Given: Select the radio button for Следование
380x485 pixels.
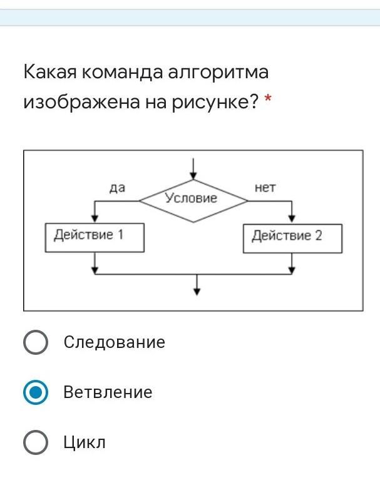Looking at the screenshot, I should click(x=36, y=342).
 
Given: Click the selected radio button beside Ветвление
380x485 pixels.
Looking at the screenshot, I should click(x=36, y=392).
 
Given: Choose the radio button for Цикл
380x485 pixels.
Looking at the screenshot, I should click(x=36, y=442).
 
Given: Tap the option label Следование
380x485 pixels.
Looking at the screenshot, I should click(x=114, y=342).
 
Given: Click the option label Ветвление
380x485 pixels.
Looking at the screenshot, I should click(x=108, y=392).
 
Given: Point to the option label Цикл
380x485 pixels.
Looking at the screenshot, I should click(x=85, y=442).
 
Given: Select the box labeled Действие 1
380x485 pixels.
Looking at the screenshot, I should click(x=95, y=237).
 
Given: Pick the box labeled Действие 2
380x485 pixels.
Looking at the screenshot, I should click(x=292, y=237).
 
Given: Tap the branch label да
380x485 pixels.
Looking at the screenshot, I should click(x=117, y=187).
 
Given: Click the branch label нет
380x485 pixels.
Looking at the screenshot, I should click(x=265, y=187).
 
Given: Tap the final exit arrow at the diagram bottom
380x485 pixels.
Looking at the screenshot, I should click(x=197, y=288).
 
